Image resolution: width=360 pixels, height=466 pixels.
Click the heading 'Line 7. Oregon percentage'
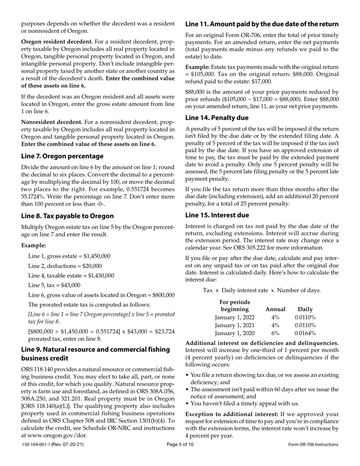(x=62, y=156)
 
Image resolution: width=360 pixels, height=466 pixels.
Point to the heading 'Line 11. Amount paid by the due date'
(x=261, y=24)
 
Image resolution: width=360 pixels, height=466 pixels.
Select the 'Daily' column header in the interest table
(x=305, y=309)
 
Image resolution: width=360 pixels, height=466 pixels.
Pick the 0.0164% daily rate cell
(x=305, y=333)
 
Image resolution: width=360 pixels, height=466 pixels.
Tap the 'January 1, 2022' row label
(x=235, y=317)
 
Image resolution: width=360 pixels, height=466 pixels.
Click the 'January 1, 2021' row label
(x=235, y=325)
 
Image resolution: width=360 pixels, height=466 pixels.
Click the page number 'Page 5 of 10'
(x=180, y=444)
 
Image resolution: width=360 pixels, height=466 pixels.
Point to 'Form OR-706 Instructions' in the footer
(x=313, y=444)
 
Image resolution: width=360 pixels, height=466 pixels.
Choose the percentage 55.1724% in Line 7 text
(x=35, y=197)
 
